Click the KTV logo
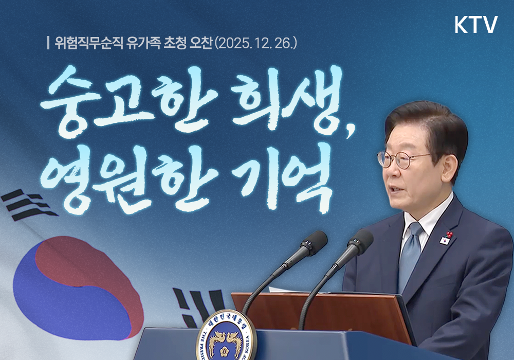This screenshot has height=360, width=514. click(476, 25)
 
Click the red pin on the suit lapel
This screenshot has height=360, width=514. click(448, 235)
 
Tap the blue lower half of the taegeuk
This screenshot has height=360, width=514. click(57, 303)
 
